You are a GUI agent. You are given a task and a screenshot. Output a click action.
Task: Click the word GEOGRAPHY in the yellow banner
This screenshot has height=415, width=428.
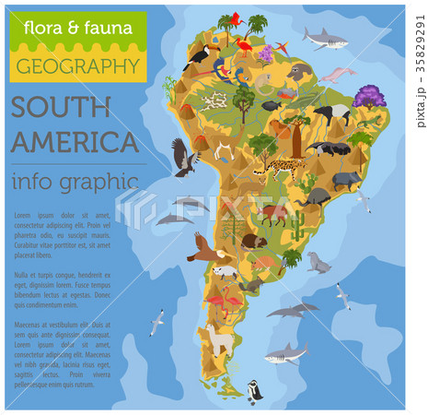pyautogui.click(x=77, y=66)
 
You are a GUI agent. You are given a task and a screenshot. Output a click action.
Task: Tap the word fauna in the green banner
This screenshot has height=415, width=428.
pyautogui.click(x=110, y=27)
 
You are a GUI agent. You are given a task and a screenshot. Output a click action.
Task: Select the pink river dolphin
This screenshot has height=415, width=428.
pyautogui.click(x=337, y=74)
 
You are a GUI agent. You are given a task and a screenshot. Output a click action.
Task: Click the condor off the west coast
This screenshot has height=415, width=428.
pyautogui.click(x=183, y=155)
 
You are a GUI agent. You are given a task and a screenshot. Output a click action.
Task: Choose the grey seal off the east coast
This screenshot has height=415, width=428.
pyautogui.click(x=318, y=264)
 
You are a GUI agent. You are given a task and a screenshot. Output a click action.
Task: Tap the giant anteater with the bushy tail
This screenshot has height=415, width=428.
pyautogui.click(x=328, y=148)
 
